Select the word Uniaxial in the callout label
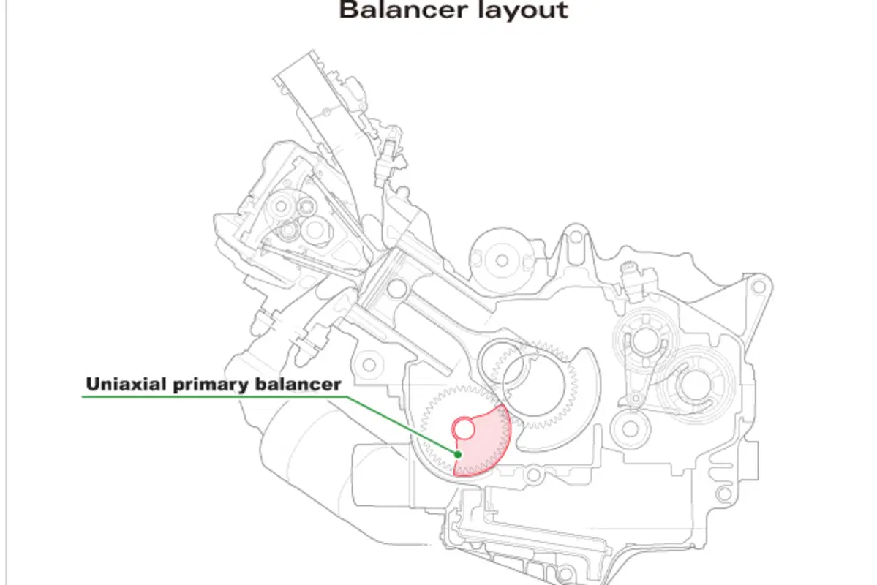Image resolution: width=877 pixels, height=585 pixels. click(x=125, y=384)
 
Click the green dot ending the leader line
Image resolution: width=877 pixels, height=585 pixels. click(x=458, y=455)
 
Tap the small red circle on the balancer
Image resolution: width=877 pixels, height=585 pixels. click(x=463, y=429)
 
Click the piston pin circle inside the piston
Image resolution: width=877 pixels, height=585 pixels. click(x=396, y=289)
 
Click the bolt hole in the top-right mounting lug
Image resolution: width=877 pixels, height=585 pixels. click(x=759, y=287)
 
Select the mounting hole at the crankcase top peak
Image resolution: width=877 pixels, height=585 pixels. click(x=576, y=237)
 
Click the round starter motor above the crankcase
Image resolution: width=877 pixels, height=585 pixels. click(x=502, y=260)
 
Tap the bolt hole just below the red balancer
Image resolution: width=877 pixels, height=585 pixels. click(x=534, y=476)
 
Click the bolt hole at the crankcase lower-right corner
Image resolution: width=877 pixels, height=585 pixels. click(x=723, y=494)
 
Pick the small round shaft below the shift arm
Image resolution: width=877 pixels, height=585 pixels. click(x=631, y=429)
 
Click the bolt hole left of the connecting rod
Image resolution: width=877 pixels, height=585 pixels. click(x=369, y=365)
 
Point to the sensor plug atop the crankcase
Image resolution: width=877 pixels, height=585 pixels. click(x=631, y=274)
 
